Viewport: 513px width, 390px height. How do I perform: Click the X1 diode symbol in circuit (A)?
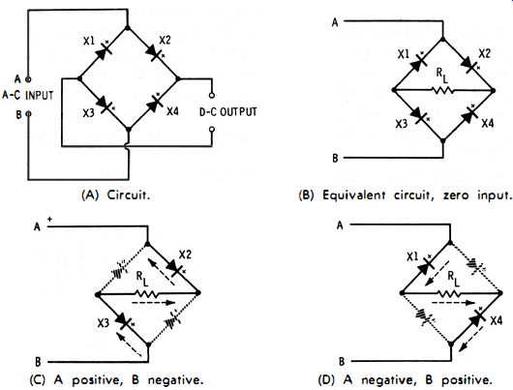click(x=103, y=52)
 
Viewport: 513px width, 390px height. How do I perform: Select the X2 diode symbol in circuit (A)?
click(x=155, y=52)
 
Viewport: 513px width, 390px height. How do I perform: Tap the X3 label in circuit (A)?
click(x=88, y=113)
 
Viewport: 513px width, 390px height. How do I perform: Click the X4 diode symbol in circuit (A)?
click(x=155, y=105)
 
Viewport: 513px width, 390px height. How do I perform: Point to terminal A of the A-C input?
click(x=28, y=79)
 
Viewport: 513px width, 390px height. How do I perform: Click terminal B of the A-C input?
click(x=28, y=114)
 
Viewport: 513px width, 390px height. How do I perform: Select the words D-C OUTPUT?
click(x=228, y=112)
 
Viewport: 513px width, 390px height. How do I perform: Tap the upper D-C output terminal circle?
click(x=212, y=96)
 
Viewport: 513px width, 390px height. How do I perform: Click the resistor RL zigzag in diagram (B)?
click(x=442, y=90)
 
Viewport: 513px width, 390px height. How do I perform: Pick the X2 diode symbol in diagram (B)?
click(x=468, y=65)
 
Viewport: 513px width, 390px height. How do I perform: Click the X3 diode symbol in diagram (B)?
click(x=419, y=115)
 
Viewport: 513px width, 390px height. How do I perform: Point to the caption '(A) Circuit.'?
click(x=116, y=195)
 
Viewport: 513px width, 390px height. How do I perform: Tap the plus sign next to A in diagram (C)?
click(x=49, y=220)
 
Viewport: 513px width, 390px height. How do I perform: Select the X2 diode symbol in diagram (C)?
click(x=174, y=269)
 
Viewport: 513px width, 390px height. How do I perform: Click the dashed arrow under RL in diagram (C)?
click(x=154, y=303)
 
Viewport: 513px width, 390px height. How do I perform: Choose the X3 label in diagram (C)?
click(x=103, y=323)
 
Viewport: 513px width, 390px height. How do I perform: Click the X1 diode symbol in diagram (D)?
click(x=426, y=265)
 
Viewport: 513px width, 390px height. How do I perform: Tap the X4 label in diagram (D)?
click(x=496, y=321)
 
